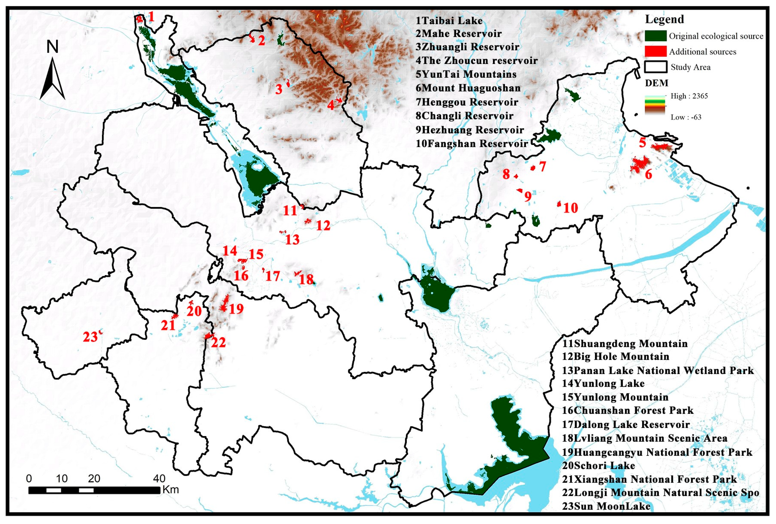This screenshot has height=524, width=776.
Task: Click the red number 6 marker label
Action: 648,174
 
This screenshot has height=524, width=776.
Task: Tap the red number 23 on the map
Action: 90,337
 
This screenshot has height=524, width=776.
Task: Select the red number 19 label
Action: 236,309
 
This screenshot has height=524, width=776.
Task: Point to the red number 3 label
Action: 278,89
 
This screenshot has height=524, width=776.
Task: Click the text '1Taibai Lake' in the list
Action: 449,21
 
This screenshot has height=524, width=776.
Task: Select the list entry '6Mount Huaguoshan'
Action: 468,88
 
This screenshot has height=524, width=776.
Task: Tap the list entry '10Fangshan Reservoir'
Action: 471,144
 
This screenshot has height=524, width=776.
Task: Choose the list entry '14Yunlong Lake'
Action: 603,383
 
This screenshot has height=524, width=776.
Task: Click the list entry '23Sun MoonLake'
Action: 606,506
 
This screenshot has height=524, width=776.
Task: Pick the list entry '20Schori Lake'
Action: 598,465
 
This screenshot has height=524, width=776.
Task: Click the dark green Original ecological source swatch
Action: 655,36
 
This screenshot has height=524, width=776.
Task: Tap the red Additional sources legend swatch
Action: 655,51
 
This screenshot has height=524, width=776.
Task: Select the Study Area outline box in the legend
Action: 655,67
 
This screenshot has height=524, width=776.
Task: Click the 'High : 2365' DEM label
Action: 689,96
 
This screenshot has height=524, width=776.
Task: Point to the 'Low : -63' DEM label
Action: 686,117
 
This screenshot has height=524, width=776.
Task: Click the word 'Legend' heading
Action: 664,19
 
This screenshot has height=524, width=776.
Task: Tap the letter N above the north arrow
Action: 52,47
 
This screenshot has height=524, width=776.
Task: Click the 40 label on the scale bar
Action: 159,479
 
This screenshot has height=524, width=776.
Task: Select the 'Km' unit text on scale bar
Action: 171,490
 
